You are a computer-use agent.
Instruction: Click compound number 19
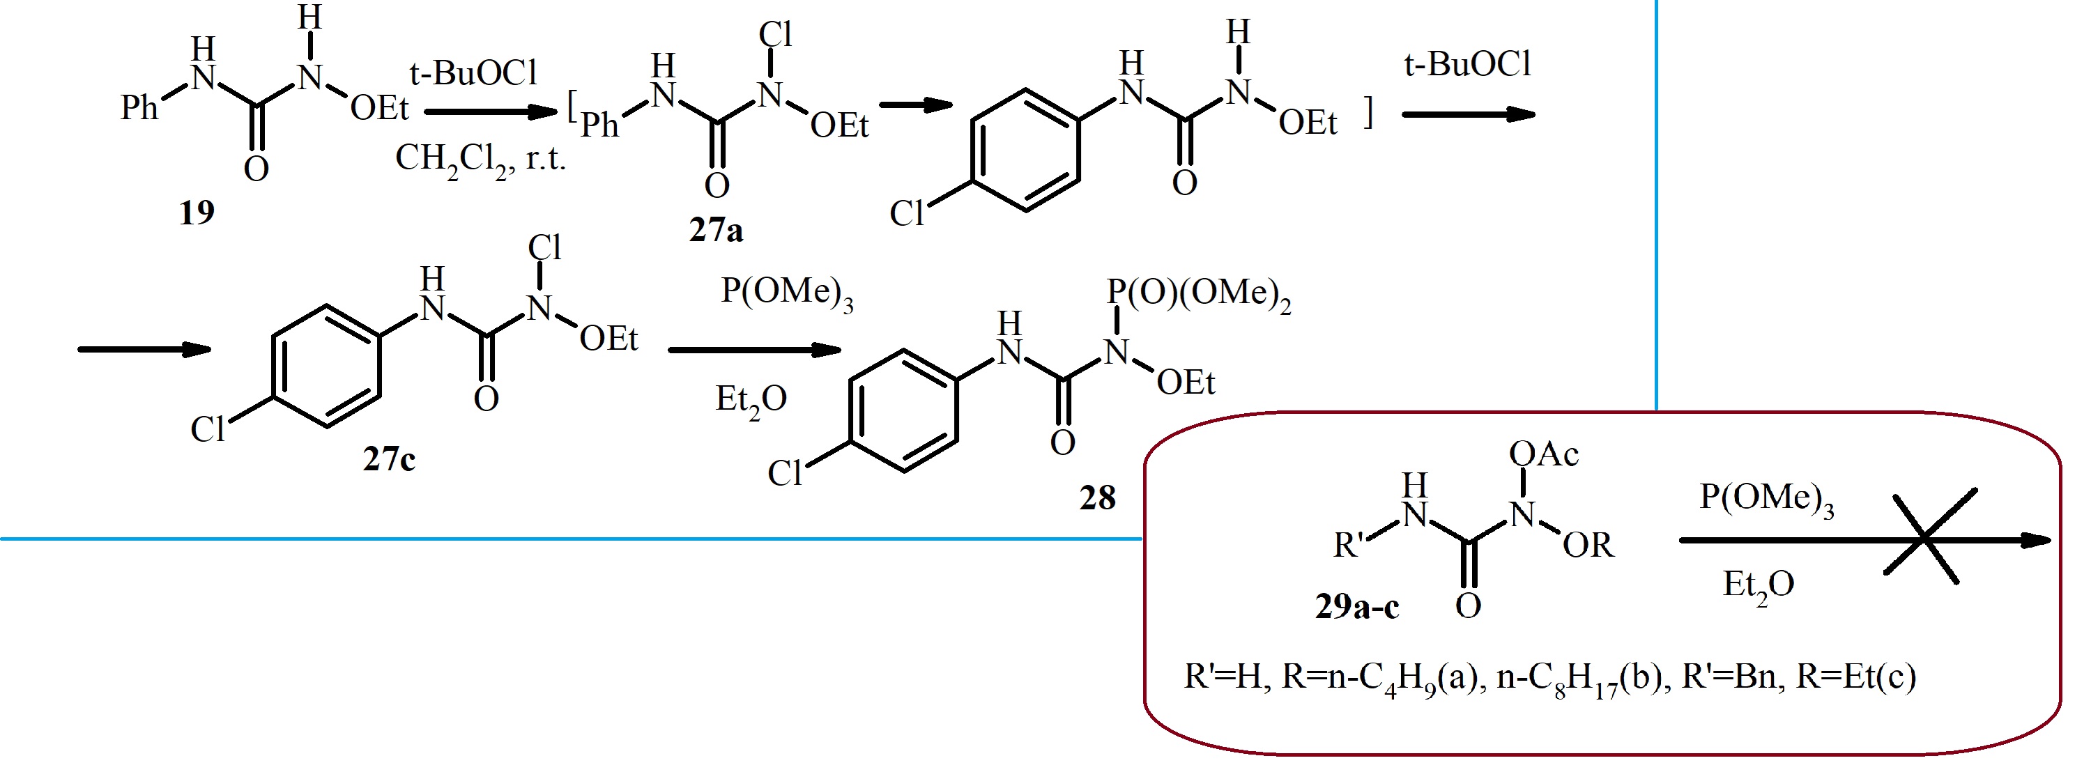(197, 213)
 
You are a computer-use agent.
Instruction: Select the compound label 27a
(716, 231)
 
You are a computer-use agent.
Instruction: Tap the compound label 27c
(389, 459)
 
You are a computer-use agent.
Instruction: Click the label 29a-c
(1357, 606)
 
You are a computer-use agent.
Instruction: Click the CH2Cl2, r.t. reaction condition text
(480, 158)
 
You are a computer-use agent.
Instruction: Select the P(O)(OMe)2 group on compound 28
(1198, 294)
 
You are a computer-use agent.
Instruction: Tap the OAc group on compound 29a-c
(1543, 454)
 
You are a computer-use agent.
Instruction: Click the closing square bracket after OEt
(1369, 112)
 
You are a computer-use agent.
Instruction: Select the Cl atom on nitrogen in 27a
(775, 35)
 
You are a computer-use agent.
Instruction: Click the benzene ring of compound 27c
(326, 366)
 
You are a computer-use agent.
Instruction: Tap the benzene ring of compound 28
(903, 411)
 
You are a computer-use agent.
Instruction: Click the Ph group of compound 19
(139, 107)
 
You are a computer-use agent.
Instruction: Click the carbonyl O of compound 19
(256, 169)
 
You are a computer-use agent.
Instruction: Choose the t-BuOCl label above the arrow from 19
(473, 74)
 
